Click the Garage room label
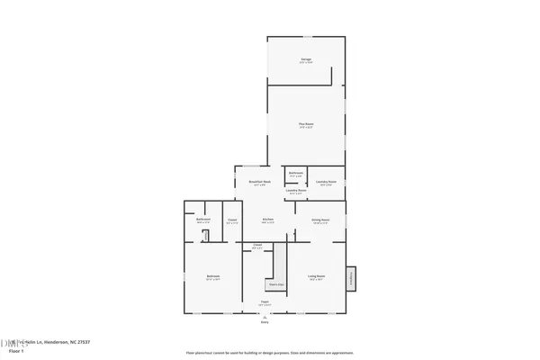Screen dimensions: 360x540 coord(306,59)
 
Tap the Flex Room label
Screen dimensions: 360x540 coord(306,124)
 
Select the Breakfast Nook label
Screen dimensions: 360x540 coord(260,183)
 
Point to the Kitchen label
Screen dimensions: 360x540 coord(267,220)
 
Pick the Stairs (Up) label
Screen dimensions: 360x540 coord(276,284)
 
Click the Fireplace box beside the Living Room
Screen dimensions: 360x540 coord(352,278)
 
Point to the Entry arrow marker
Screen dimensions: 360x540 coord(265,315)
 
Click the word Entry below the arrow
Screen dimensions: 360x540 coord(265,321)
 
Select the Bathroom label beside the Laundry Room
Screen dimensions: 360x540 coord(296,174)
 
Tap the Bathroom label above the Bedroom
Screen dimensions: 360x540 coord(203,220)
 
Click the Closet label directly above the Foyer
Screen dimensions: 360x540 coord(257,246)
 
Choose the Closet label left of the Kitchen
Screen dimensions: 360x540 coord(231,220)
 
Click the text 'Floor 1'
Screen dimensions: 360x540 coord(16,351)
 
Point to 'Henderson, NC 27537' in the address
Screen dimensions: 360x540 coord(64,342)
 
